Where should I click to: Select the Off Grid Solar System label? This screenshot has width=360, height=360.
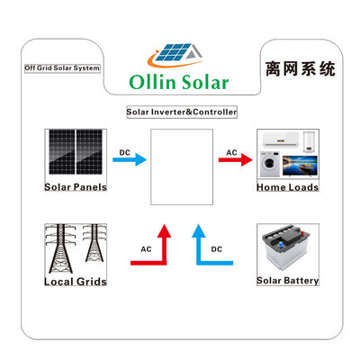pyautogui.click(x=61, y=68)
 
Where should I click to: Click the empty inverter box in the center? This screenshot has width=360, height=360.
pyautogui.click(x=181, y=168)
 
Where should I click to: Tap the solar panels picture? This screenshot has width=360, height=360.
pyautogui.click(x=76, y=154)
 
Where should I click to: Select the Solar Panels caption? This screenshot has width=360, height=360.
pyautogui.click(x=76, y=187)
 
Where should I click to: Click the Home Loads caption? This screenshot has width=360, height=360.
pyautogui.click(x=288, y=189)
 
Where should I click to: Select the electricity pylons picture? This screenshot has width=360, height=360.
pyautogui.click(x=76, y=249)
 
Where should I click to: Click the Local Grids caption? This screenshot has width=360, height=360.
pyautogui.click(x=76, y=282)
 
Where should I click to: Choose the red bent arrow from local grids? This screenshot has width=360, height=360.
pyautogui.click(x=154, y=251)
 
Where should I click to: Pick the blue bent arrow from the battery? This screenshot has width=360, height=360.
pyautogui.click(x=210, y=251)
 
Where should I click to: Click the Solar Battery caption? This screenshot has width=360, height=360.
pyautogui.click(x=288, y=281)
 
